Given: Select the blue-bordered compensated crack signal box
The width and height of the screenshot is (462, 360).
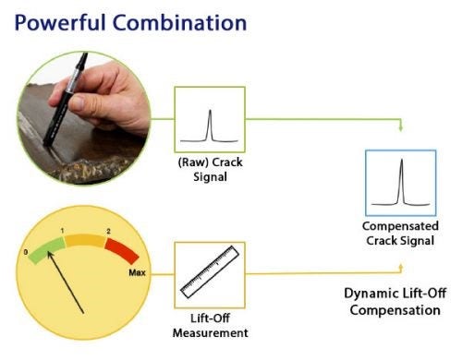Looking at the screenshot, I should point(401,181).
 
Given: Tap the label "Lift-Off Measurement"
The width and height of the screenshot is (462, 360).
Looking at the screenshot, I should point(209,324).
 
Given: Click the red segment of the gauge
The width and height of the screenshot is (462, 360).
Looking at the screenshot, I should point(119,250).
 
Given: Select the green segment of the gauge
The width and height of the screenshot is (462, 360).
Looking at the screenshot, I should point(43,249).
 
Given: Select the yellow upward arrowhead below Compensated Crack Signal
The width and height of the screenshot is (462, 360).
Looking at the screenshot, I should point(401,266).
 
